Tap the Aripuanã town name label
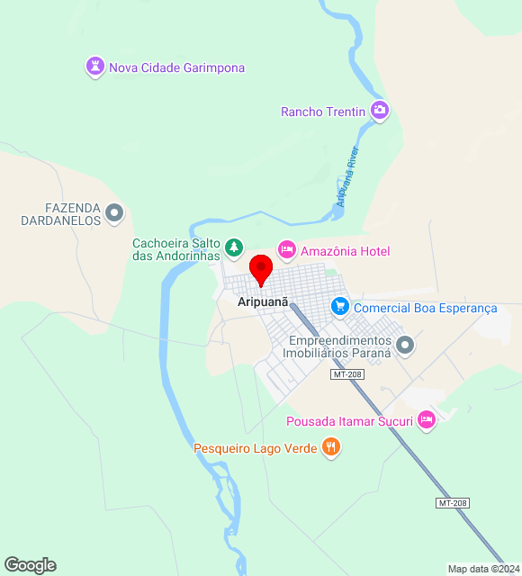coord(263,303)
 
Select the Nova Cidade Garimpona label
coord(176,67)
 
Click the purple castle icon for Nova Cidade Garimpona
coord(94,67)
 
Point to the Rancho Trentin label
coord(323,112)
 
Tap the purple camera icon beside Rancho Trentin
coord(380,111)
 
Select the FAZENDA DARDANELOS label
coord(60,213)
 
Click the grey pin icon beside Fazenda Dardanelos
coord(114,213)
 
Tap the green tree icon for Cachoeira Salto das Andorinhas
coord(234,246)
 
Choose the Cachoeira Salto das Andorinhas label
coord(176,249)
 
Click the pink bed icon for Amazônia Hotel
coord(286,249)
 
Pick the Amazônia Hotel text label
coord(345,251)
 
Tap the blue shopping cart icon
coord(339,307)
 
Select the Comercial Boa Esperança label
coord(426,308)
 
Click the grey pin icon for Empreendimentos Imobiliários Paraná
coord(405,345)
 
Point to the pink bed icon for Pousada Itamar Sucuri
coord(427,419)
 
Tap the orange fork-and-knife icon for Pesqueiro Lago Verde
coord(331,446)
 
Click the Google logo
coord(30,565)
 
